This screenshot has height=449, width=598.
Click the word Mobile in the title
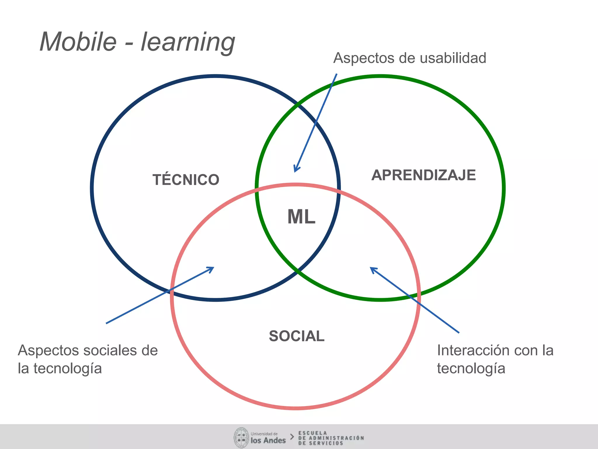[x=78, y=42]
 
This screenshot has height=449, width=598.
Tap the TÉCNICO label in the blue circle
[x=186, y=179]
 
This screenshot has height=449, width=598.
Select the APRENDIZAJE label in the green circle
[x=423, y=175]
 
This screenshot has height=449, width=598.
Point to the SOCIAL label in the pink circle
[x=296, y=336]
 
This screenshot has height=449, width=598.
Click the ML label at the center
[x=301, y=217]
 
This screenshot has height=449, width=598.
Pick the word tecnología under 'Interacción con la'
[x=471, y=368]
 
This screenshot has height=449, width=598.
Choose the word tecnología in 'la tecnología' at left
[x=67, y=368]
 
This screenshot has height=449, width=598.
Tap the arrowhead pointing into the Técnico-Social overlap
[x=211, y=269]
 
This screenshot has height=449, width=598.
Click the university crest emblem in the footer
[x=241, y=438]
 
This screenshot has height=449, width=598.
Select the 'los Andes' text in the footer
[x=268, y=440]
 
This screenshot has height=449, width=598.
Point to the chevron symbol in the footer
[x=292, y=437]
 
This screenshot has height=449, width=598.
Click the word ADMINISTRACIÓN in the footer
[x=336, y=438]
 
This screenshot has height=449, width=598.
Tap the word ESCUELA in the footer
[x=312, y=433]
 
